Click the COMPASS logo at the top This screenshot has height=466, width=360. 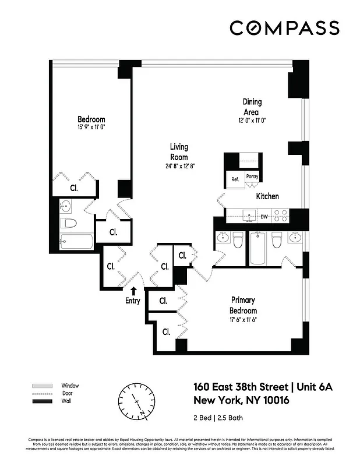[x=284, y=28]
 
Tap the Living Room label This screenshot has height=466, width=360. [x=179, y=152]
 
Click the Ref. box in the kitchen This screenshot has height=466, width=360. [x=235, y=179]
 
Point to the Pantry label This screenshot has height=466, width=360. [x=252, y=176]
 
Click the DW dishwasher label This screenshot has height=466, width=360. [x=264, y=217]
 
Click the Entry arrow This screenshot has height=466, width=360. [x=134, y=291]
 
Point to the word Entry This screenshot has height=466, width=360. [x=133, y=301]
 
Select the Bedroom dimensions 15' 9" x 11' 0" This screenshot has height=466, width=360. [x=91, y=127]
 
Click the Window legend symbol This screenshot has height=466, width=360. [x=41, y=386]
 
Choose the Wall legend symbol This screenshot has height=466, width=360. [x=41, y=402]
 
